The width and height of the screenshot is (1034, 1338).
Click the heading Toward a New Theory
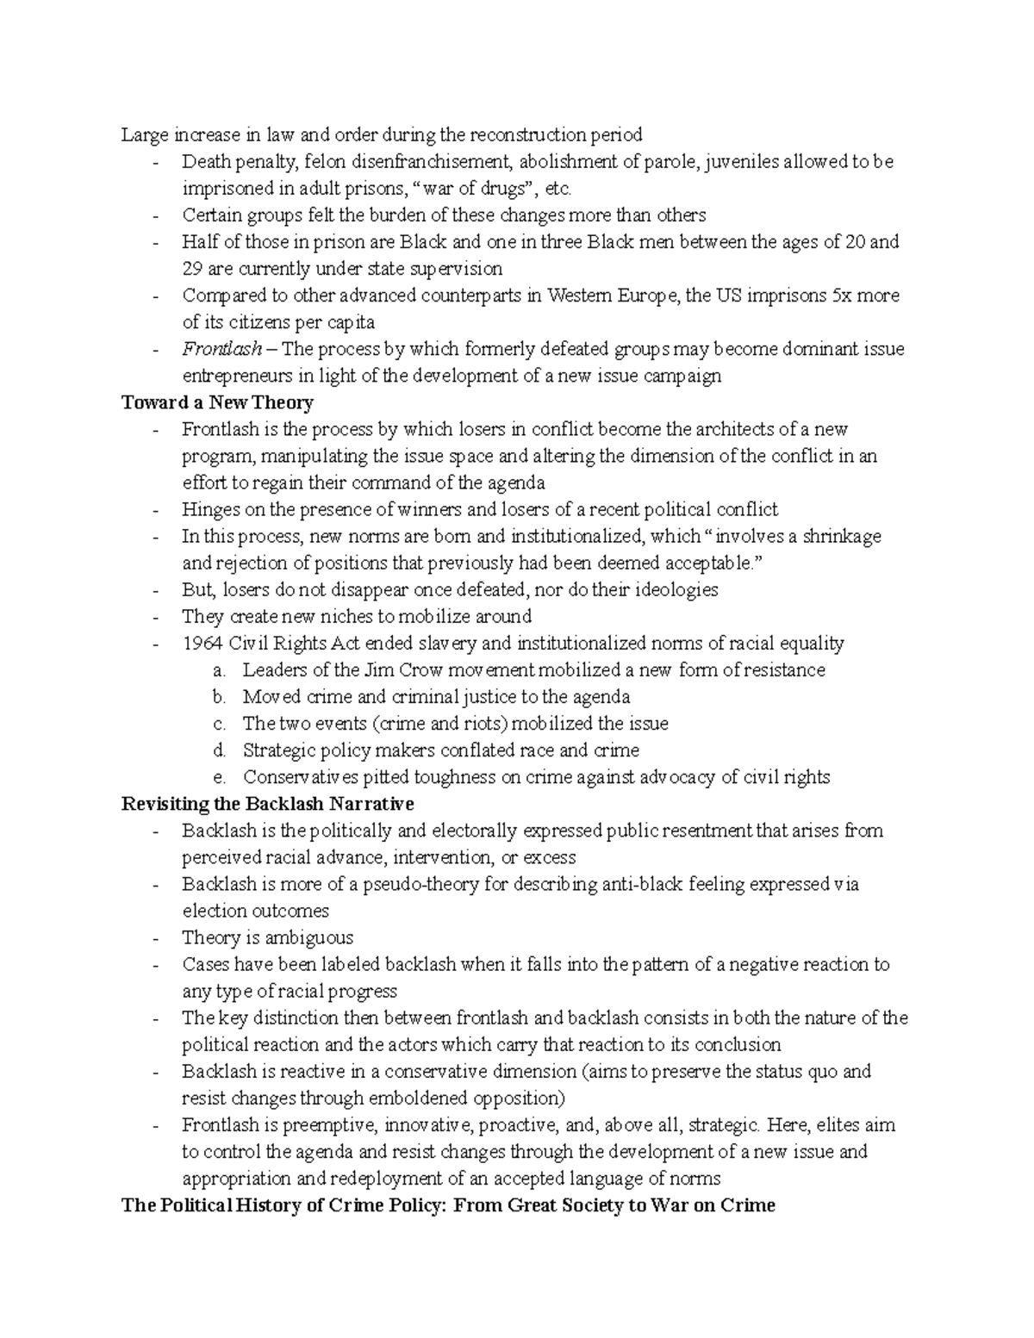(x=217, y=402)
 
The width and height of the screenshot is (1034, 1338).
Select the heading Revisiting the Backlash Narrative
(x=268, y=804)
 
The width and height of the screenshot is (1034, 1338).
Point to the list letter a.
(x=219, y=670)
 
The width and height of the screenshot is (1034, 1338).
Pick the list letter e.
(x=219, y=777)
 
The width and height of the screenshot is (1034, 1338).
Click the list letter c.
(x=219, y=724)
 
